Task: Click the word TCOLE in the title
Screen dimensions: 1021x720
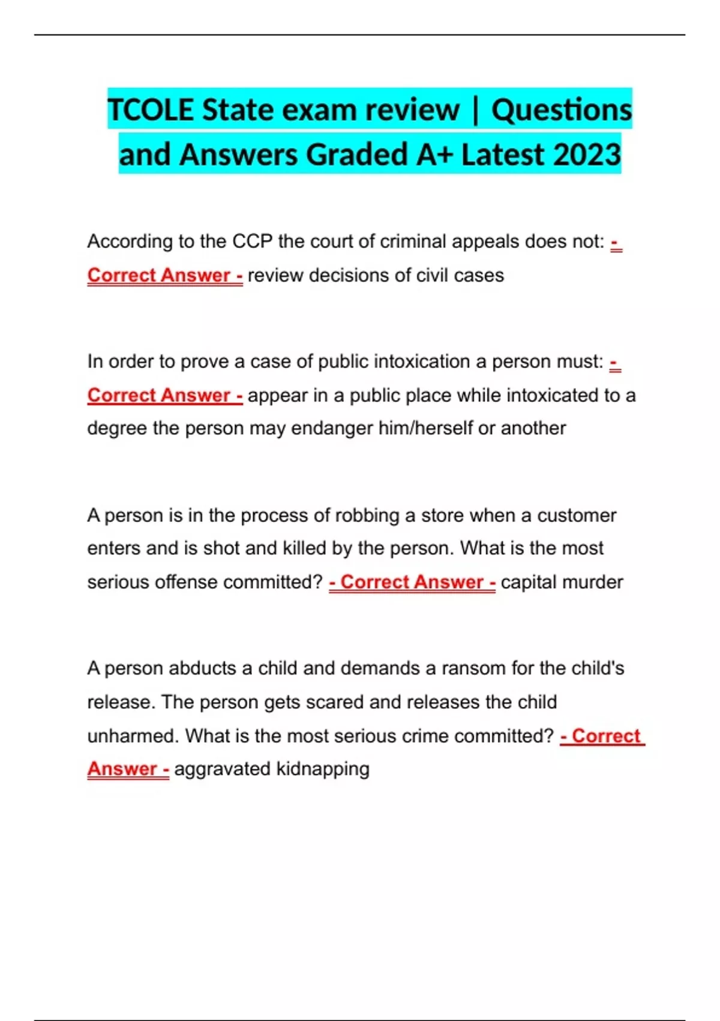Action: pyautogui.click(x=151, y=110)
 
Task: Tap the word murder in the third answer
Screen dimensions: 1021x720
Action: pyautogui.click(x=593, y=582)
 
